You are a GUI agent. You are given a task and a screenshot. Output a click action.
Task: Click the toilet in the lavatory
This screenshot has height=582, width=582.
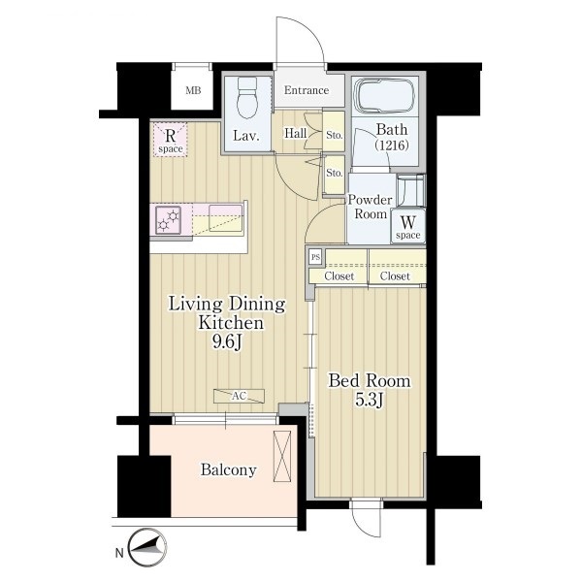(247, 97)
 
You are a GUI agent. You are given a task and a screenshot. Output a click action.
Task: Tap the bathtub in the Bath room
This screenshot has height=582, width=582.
(384, 95)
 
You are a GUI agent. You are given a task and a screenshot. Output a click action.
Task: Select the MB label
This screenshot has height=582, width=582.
(193, 90)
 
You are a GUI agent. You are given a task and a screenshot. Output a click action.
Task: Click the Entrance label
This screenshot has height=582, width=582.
(307, 90)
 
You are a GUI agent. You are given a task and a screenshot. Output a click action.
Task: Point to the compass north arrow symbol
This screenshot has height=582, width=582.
(146, 548)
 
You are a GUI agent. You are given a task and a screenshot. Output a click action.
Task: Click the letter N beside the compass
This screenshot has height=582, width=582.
(118, 554)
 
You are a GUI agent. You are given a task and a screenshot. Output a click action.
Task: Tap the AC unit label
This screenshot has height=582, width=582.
(239, 396)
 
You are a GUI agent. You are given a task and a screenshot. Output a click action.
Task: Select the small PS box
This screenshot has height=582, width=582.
(315, 257)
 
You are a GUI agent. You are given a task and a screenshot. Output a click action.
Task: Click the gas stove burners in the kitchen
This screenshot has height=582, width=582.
(168, 220)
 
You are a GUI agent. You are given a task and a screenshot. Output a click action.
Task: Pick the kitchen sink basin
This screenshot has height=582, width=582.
(226, 218)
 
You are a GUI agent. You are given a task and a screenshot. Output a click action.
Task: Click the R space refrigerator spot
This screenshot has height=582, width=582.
(171, 140)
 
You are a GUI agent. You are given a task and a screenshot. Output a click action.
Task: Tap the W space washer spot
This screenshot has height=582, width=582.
(408, 226)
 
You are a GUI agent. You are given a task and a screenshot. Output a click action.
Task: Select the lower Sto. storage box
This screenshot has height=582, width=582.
(334, 174)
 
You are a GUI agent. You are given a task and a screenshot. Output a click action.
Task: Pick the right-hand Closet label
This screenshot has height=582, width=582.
(395, 276)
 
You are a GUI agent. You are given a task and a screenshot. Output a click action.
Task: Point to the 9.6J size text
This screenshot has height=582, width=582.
(227, 341)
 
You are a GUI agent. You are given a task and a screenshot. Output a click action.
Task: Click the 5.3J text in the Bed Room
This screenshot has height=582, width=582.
(370, 400)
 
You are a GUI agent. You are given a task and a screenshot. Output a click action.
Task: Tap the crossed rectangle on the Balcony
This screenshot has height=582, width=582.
(282, 456)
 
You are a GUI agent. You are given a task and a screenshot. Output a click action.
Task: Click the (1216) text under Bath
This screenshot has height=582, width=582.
(392, 145)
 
